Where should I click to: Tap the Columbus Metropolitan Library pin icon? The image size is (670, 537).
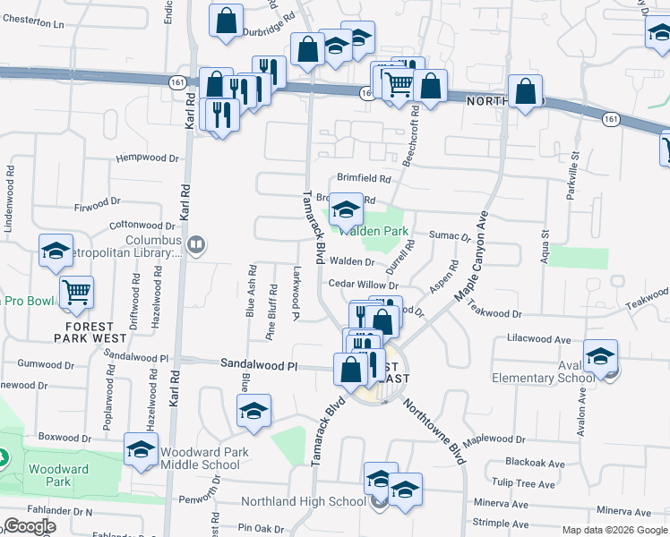197,243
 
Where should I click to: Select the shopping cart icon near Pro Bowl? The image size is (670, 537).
77,290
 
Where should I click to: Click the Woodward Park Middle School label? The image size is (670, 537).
201,458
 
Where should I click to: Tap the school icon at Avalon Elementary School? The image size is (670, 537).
599,356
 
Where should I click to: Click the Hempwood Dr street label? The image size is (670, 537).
148,158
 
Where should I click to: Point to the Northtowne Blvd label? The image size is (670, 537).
435,432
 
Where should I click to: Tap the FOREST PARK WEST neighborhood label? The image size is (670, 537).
90,332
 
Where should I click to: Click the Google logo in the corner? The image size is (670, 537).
30,526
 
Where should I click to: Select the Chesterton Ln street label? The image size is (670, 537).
33,24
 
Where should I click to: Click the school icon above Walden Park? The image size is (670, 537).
346,211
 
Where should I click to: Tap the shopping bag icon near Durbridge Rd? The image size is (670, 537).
227,19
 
